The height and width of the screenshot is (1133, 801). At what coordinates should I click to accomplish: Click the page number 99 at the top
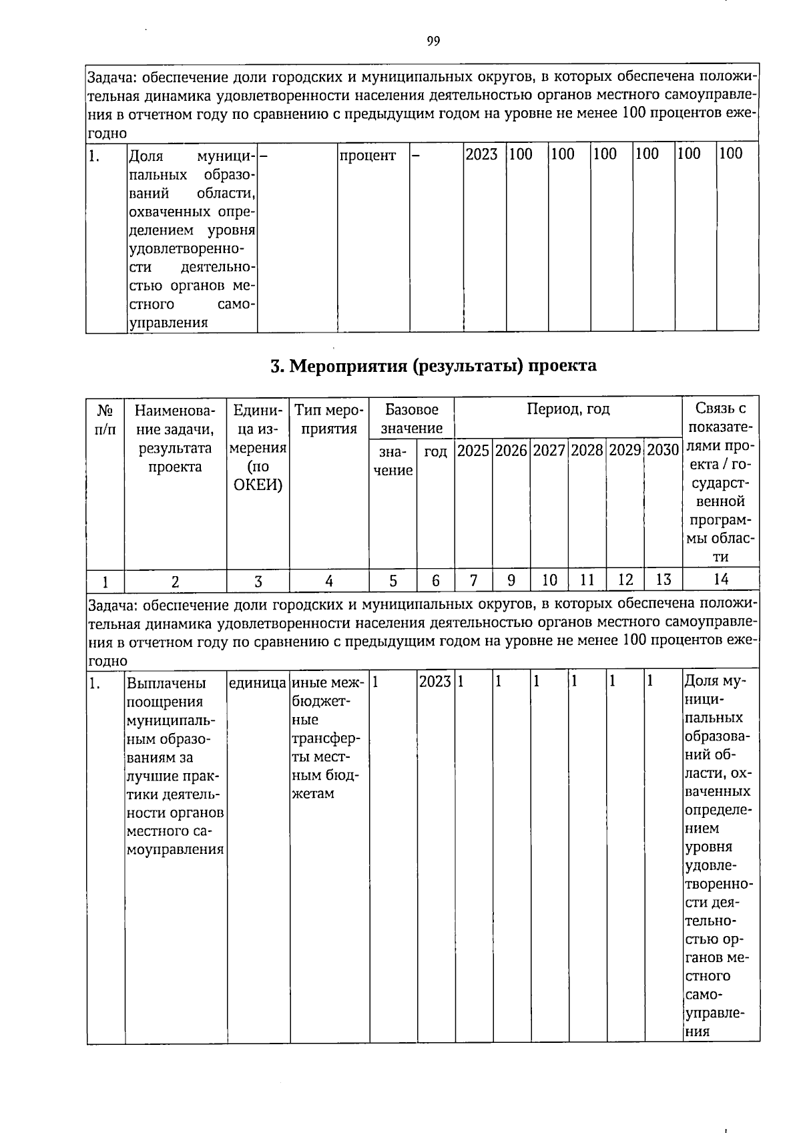[x=433, y=41]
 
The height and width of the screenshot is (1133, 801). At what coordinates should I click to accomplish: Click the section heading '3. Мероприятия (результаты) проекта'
[x=433, y=366]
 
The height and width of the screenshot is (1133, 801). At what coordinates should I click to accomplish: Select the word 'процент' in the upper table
[x=367, y=156]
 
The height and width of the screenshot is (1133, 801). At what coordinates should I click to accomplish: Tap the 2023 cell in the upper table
[x=481, y=154]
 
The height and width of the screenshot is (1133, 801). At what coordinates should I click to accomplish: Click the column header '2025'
[x=473, y=450]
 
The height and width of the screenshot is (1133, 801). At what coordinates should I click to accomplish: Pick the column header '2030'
[x=663, y=450]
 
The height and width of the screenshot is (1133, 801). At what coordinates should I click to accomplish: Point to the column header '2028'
[x=587, y=450]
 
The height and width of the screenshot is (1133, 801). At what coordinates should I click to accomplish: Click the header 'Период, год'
[x=568, y=409]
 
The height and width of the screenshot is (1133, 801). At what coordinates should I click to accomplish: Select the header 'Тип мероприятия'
[x=329, y=419]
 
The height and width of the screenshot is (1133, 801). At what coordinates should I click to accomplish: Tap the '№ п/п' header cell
[x=105, y=419]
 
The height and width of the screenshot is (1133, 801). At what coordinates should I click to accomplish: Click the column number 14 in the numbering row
[x=720, y=579]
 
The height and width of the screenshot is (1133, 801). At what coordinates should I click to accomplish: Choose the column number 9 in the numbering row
[x=511, y=580]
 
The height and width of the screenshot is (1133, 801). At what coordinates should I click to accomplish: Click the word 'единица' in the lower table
[x=258, y=683]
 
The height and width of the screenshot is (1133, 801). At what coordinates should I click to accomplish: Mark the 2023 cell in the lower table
[x=435, y=682]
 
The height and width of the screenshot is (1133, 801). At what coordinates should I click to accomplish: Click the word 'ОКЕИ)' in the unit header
[x=258, y=485]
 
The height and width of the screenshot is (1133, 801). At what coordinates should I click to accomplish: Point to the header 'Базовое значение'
[x=412, y=419]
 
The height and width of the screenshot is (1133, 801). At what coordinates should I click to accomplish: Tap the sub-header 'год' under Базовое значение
[x=435, y=452]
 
